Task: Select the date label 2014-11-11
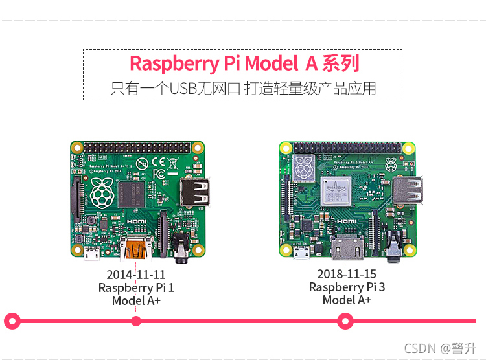(x=136, y=275)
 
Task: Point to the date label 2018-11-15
(x=347, y=275)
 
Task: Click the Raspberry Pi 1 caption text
(x=136, y=287)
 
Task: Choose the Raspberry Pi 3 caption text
(x=347, y=287)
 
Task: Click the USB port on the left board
(x=194, y=192)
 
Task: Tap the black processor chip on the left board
(x=141, y=195)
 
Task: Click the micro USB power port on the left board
(x=91, y=251)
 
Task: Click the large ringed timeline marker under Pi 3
(x=345, y=320)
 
